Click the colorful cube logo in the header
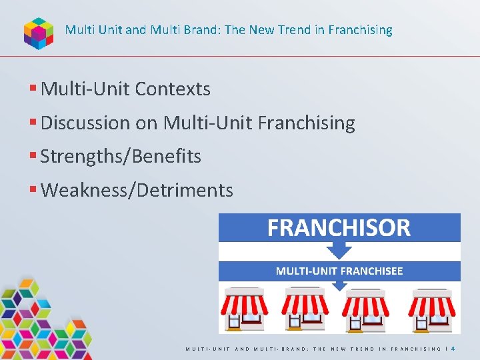point(39,32)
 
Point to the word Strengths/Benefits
point(121,157)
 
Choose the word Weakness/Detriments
point(137,191)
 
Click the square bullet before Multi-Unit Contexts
point(33,89)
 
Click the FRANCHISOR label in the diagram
point(339,228)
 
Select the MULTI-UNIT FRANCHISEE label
point(339,271)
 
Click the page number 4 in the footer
point(453,348)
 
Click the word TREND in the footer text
point(363,349)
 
